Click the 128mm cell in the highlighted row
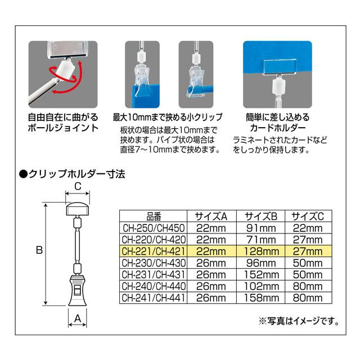click(261, 251)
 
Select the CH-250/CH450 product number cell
click(154, 228)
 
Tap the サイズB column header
click(261, 216)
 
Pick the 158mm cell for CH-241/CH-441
click(261, 298)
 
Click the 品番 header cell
click(154, 216)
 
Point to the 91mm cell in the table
click(261, 228)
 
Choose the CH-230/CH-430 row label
click(154, 263)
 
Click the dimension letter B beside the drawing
click(39, 250)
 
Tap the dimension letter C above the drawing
click(78, 186)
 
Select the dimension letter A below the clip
click(78, 318)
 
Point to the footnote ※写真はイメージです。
click(299, 321)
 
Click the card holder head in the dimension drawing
click(78, 209)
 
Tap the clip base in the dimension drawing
click(78, 290)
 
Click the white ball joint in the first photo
click(66, 69)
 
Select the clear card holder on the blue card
click(280, 67)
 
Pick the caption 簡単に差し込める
click(277, 118)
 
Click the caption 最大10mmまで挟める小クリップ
click(168, 117)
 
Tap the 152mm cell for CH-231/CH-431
click(261, 275)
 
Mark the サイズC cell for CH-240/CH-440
click(308, 286)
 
